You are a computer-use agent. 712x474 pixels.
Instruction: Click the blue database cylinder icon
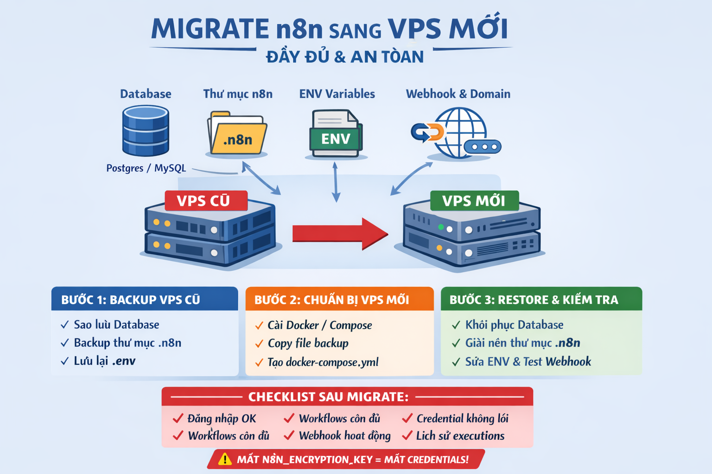(x=146, y=131)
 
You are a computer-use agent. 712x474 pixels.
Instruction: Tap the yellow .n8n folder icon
(x=237, y=135)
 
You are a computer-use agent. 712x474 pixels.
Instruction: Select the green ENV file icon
(x=336, y=135)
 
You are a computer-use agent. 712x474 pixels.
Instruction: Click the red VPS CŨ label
(x=204, y=201)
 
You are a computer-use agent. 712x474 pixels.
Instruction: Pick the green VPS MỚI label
(x=473, y=201)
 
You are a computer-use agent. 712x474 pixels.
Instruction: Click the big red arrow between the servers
(x=340, y=233)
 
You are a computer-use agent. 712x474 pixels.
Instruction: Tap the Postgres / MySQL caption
(x=146, y=168)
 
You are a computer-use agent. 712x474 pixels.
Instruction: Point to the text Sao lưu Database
(x=116, y=324)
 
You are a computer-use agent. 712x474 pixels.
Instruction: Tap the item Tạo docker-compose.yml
(x=323, y=362)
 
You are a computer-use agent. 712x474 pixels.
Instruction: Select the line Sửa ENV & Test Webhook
(x=528, y=362)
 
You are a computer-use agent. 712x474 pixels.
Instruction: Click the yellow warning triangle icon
(x=225, y=459)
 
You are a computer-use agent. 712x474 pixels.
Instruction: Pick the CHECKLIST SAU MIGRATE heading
(x=328, y=397)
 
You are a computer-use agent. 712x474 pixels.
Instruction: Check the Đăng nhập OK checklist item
(x=222, y=418)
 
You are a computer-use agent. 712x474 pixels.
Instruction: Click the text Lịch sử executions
(x=460, y=436)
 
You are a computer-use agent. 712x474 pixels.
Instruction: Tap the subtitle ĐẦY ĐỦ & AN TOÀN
(x=345, y=57)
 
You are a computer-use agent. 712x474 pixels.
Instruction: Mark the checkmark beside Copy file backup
(x=259, y=344)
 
